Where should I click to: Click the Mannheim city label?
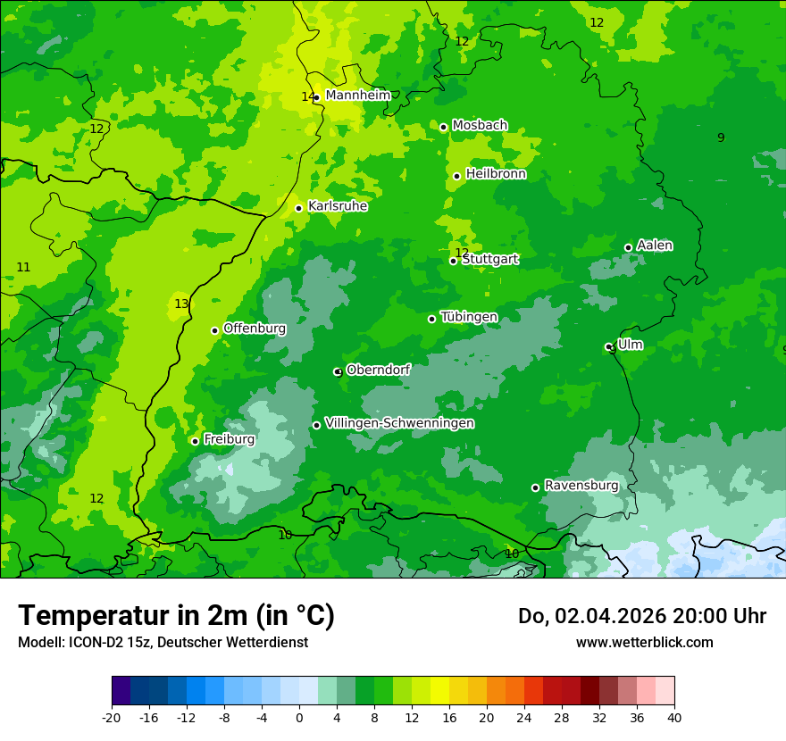[x=358, y=96]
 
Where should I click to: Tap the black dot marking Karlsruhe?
[x=298, y=208]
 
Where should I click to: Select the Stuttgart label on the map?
[x=490, y=260]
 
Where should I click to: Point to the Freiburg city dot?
[x=195, y=441]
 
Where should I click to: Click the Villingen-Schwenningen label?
[x=399, y=423]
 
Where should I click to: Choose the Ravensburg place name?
[x=581, y=486]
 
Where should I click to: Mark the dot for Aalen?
[x=628, y=247]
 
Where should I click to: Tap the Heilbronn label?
[x=496, y=174]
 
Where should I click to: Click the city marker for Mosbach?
[x=443, y=127]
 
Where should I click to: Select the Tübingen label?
[x=469, y=317]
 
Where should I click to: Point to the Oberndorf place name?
[x=378, y=370]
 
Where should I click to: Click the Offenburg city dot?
[x=214, y=330]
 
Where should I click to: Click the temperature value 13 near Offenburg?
[x=181, y=304]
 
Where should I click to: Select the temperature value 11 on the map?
[x=23, y=267]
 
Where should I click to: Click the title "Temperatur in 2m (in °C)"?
[x=176, y=615]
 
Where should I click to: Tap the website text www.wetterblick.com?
[x=644, y=642]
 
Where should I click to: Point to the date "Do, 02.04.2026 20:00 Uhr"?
[x=641, y=616]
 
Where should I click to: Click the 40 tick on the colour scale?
[x=673, y=717]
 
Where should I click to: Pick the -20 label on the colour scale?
[x=111, y=717]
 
